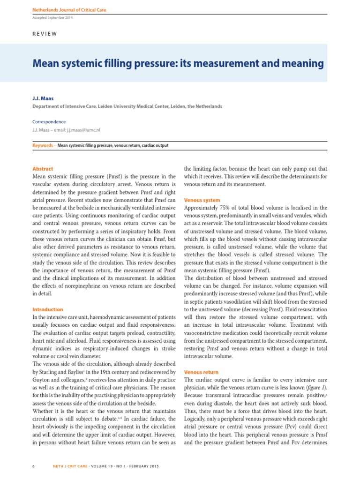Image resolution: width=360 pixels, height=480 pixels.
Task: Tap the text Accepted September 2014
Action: click(52, 18)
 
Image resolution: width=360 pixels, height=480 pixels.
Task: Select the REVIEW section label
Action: click(45, 34)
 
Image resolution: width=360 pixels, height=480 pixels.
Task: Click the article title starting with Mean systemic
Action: click(178, 63)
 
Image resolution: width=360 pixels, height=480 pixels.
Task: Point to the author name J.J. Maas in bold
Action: click(43, 98)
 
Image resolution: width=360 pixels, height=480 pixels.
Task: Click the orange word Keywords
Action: click(42, 146)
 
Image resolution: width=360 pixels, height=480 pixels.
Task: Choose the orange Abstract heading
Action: click(43, 169)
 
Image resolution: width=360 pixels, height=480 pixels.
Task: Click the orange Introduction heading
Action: click(47, 309)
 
